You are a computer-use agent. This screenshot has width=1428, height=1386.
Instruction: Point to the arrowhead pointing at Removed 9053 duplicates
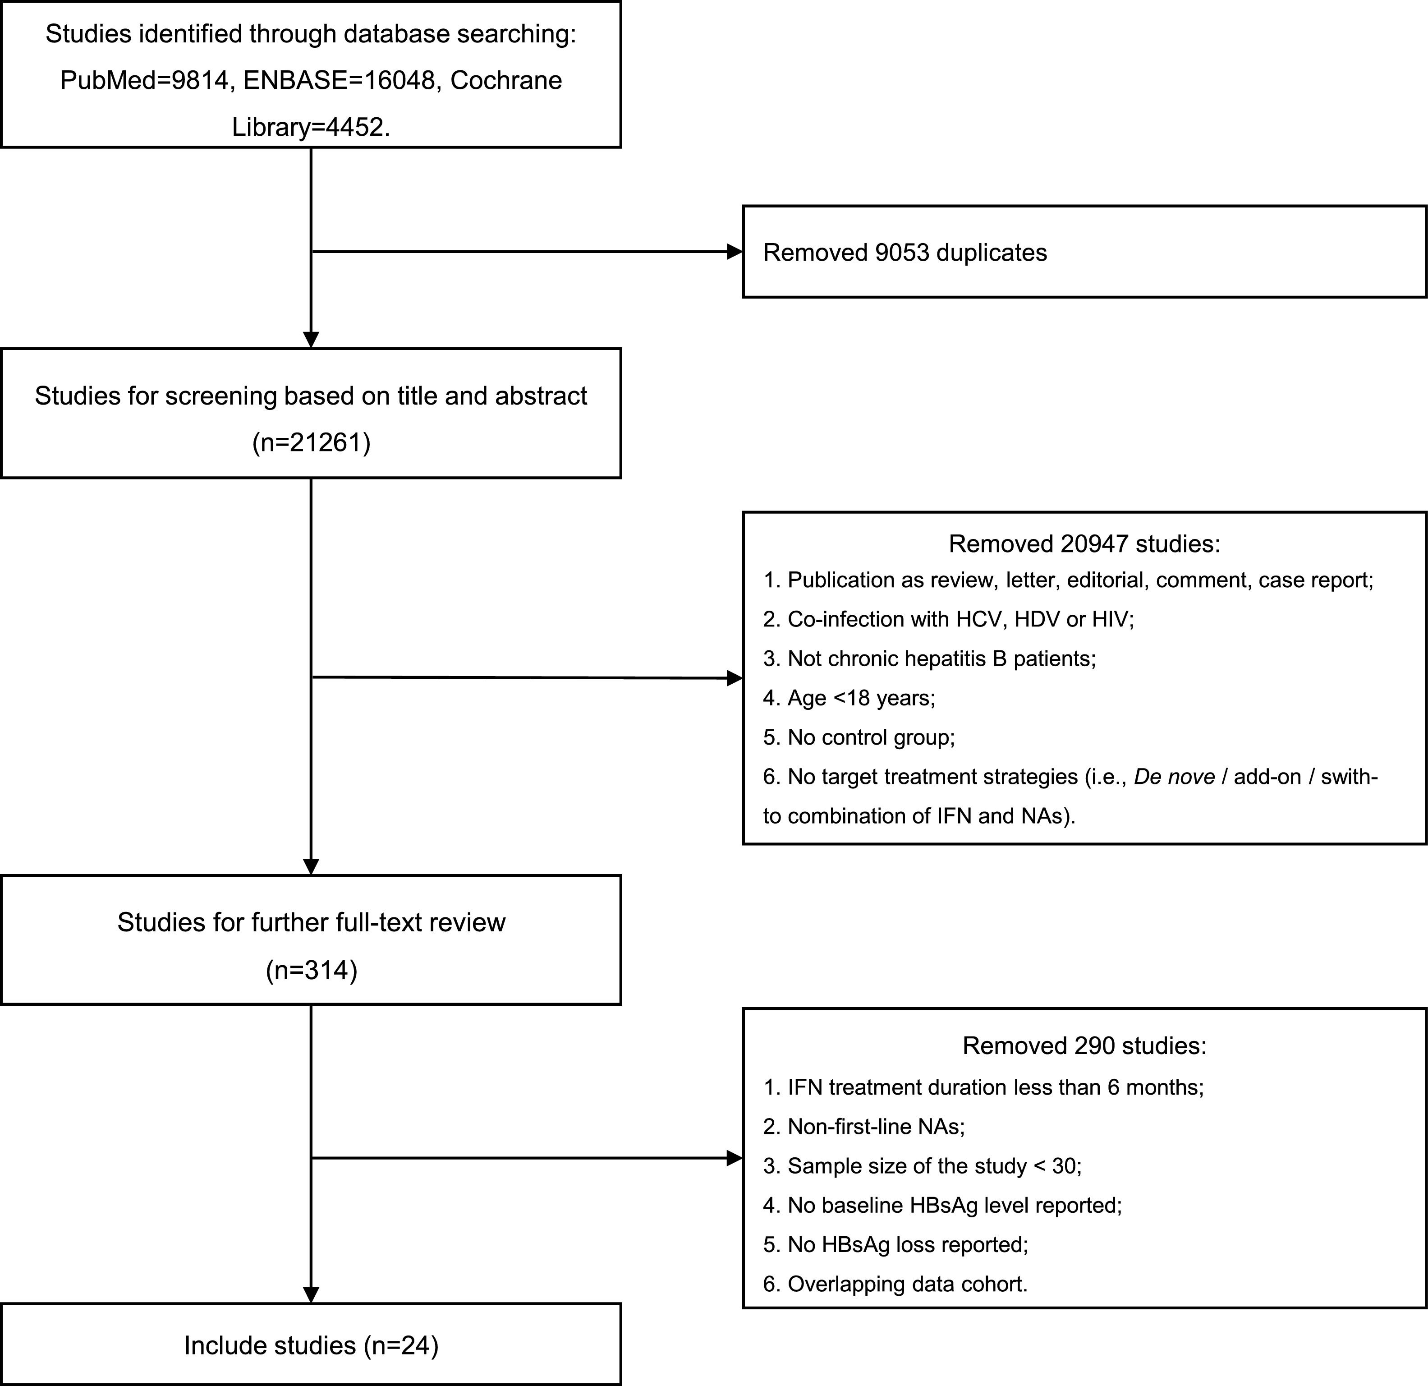(x=735, y=252)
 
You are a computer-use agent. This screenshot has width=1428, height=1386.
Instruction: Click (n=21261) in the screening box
(x=311, y=442)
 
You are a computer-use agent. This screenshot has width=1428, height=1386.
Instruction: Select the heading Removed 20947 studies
(x=1084, y=543)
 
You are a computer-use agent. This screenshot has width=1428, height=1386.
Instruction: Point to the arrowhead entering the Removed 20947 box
(x=735, y=678)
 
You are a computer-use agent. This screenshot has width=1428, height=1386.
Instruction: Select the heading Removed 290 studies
(x=1084, y=1045)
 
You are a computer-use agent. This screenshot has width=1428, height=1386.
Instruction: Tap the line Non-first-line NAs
(x=864, y=1127)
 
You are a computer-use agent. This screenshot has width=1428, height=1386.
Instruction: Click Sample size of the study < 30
(x=923, y=1166)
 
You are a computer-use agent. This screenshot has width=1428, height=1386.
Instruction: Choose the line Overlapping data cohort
(x=895, y=1284)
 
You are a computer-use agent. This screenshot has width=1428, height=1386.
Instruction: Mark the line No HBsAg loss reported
(x=895, y=1245)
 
